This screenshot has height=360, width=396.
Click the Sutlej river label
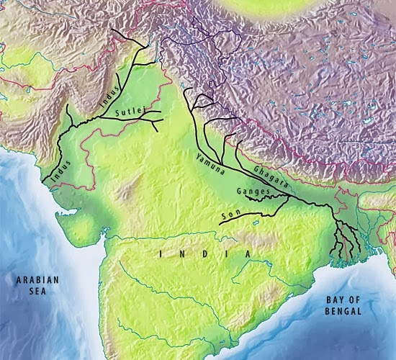coord(131,109)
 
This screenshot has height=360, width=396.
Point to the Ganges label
coord(252,192)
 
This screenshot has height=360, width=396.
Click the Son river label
coord(230,214)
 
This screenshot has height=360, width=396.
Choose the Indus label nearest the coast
coord(60,168)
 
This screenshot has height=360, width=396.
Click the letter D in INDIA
coord(204,254)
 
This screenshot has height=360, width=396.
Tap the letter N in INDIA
coord(183,254)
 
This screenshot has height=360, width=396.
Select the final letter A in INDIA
coord(247,254)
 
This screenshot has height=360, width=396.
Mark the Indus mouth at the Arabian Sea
coord(43,181)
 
